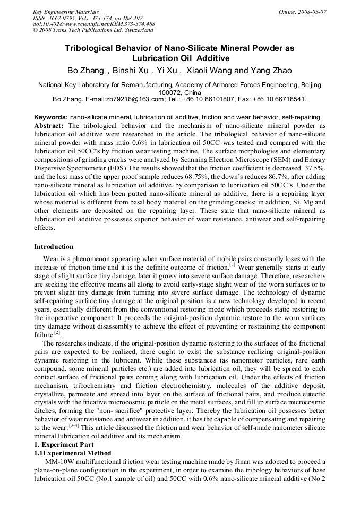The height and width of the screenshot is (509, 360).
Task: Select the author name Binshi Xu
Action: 131,71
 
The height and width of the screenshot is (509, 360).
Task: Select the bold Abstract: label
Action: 49,126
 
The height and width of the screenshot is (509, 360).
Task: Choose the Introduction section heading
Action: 54,247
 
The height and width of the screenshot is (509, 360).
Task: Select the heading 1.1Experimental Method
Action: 73,453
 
